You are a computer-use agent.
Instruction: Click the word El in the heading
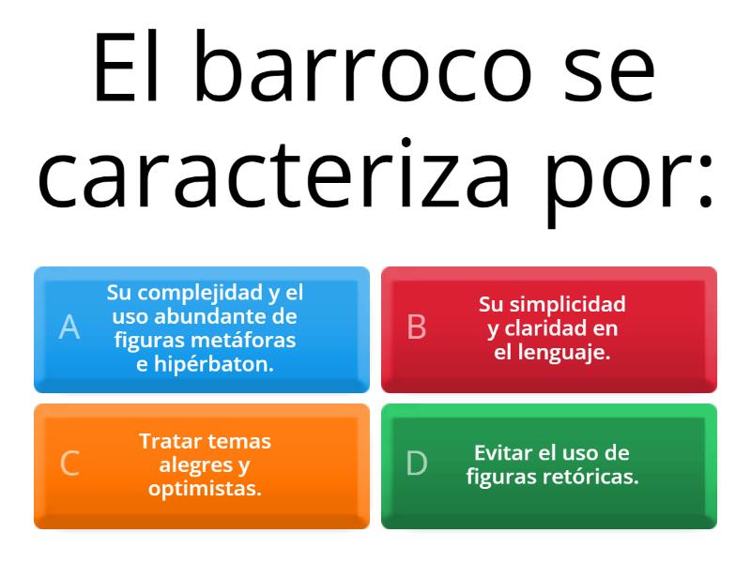coord(129,71)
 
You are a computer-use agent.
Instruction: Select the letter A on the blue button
coord(69,327)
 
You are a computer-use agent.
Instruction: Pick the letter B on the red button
coord(416,327)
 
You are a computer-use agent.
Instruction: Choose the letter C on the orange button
coord(69,464)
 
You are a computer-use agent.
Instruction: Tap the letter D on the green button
coord(416,464)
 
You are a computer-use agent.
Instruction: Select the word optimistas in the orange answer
coord(205,489)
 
